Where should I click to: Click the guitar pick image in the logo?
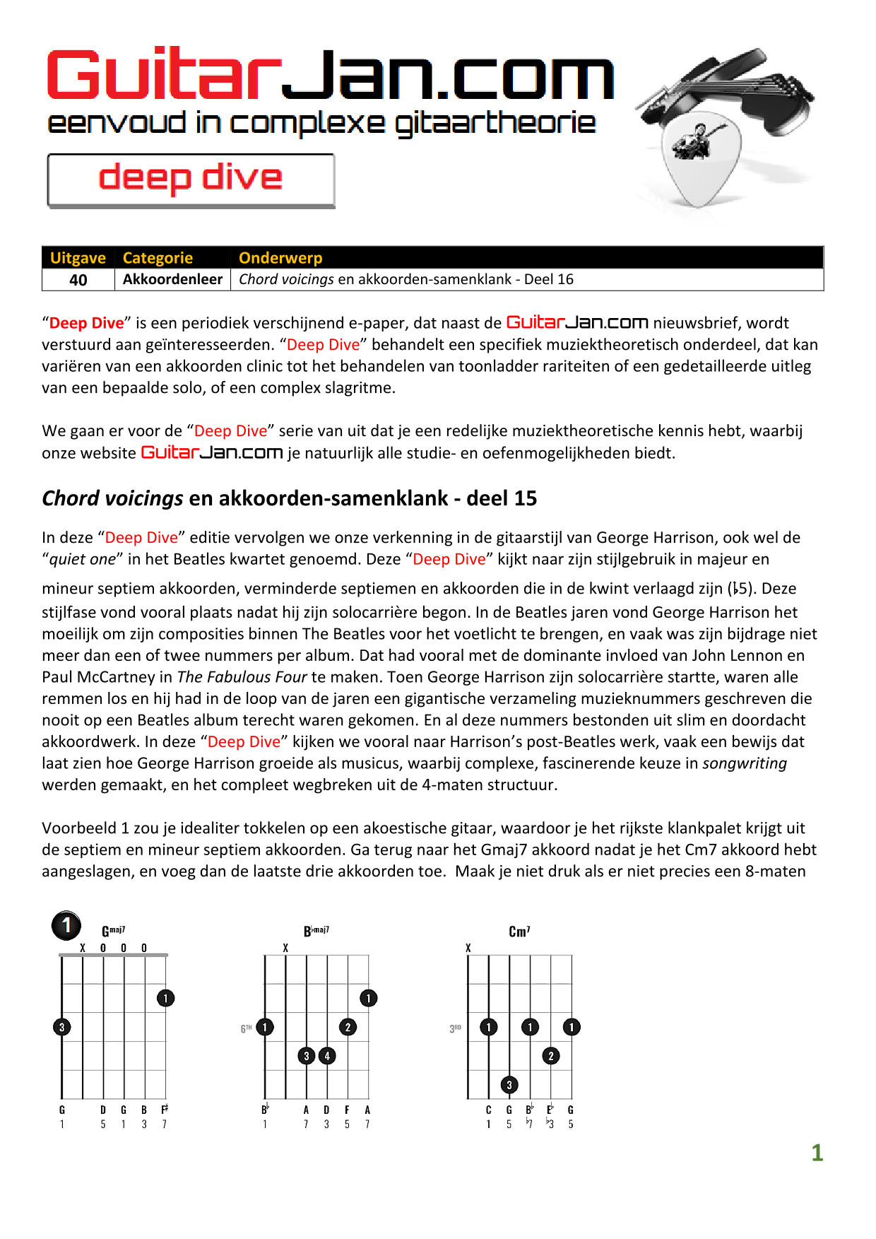[x=699, y=159]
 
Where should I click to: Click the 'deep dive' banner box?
[x=191, y=180]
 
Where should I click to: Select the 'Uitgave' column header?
[x=78, y=258]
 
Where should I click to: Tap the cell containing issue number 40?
[x=78, y=280]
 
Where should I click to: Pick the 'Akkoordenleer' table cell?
[x=172, y=279]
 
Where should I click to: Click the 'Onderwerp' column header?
[x=280, y=258]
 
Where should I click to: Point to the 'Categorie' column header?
[x=158, y=258]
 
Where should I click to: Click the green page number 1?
[x=817, y=1153]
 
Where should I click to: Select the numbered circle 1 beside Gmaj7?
[x=66, y=925]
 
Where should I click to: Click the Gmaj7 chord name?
[x=113, y=931]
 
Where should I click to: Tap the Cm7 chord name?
[x=519, y=932]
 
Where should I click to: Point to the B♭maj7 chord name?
[x=316, y=931]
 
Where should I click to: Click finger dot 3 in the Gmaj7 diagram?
[x=62, y=1027]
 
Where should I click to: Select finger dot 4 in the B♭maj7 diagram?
[x=327, y=1056]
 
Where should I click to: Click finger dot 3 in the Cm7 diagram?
[x=509, y=1084]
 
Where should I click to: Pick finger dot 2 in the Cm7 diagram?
[x=551, y=1056]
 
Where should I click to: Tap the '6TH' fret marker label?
[x=246, y=1028]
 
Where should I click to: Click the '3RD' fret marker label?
[x=455, y=1028]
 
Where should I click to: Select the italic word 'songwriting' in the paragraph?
[x=745, y=763]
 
